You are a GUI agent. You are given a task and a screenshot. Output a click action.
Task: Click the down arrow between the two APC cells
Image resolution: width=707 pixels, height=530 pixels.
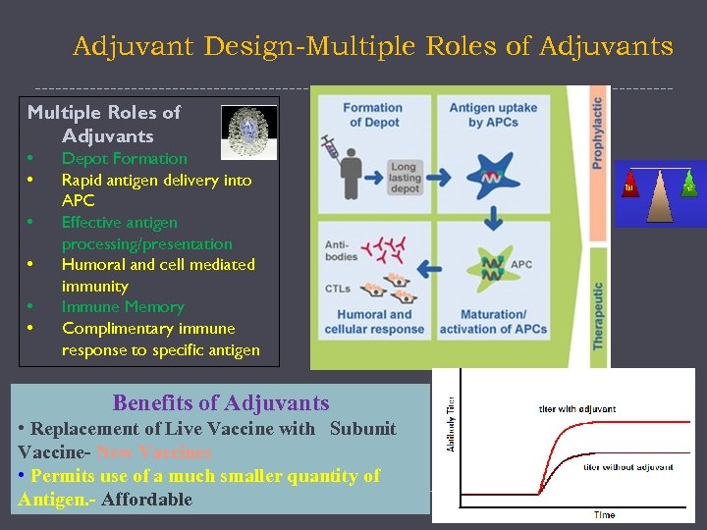(x=490, y=223)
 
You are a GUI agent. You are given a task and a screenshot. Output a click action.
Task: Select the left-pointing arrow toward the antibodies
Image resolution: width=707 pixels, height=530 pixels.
(x=428, y=265)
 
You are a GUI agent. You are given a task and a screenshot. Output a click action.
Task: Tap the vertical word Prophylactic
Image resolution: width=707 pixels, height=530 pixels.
(x=597, y=132)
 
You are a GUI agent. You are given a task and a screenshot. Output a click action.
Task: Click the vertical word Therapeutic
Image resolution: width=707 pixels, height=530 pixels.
(x=597, y=314)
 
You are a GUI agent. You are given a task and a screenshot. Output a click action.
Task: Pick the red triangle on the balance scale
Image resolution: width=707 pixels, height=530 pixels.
(x=629, y=185)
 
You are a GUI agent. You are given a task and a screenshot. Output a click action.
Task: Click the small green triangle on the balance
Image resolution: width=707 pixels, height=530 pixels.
(x=689, y=185)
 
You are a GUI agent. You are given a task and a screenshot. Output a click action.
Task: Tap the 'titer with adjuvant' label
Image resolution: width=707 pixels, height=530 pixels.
(x=577, y=408)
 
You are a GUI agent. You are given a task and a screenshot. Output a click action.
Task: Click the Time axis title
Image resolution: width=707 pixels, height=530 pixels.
(x=605, y=514)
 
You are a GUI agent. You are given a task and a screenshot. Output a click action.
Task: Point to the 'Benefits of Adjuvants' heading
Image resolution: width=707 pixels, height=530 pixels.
(x=221, y=402)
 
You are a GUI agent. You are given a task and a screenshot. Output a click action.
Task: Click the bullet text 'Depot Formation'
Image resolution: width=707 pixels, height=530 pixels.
(x=124, y=158)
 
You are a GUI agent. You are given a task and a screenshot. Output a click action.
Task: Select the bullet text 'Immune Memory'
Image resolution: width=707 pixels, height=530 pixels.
(x=123, y=306)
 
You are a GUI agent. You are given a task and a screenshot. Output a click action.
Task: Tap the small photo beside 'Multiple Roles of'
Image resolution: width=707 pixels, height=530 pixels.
(x=248, y=129)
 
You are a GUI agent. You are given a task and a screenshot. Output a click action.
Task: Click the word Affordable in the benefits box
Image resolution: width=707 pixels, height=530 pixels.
(x=146, y=499)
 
